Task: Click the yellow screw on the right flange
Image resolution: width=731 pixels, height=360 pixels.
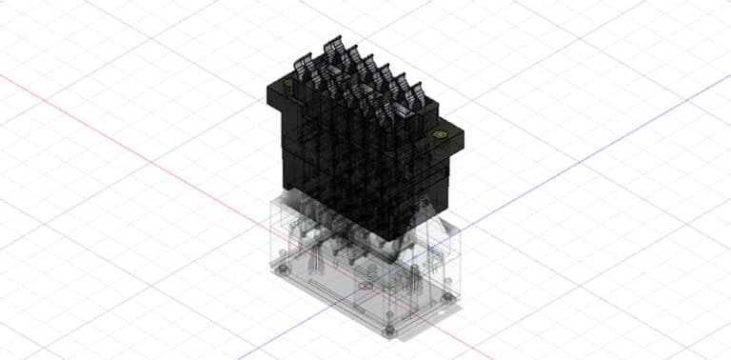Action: [439, 135]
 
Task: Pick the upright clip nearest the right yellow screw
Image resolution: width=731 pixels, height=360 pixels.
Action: [417, 96]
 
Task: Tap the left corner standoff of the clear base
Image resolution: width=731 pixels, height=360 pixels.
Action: [280, 270]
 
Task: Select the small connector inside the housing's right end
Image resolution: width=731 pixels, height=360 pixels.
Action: [433, 262]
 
